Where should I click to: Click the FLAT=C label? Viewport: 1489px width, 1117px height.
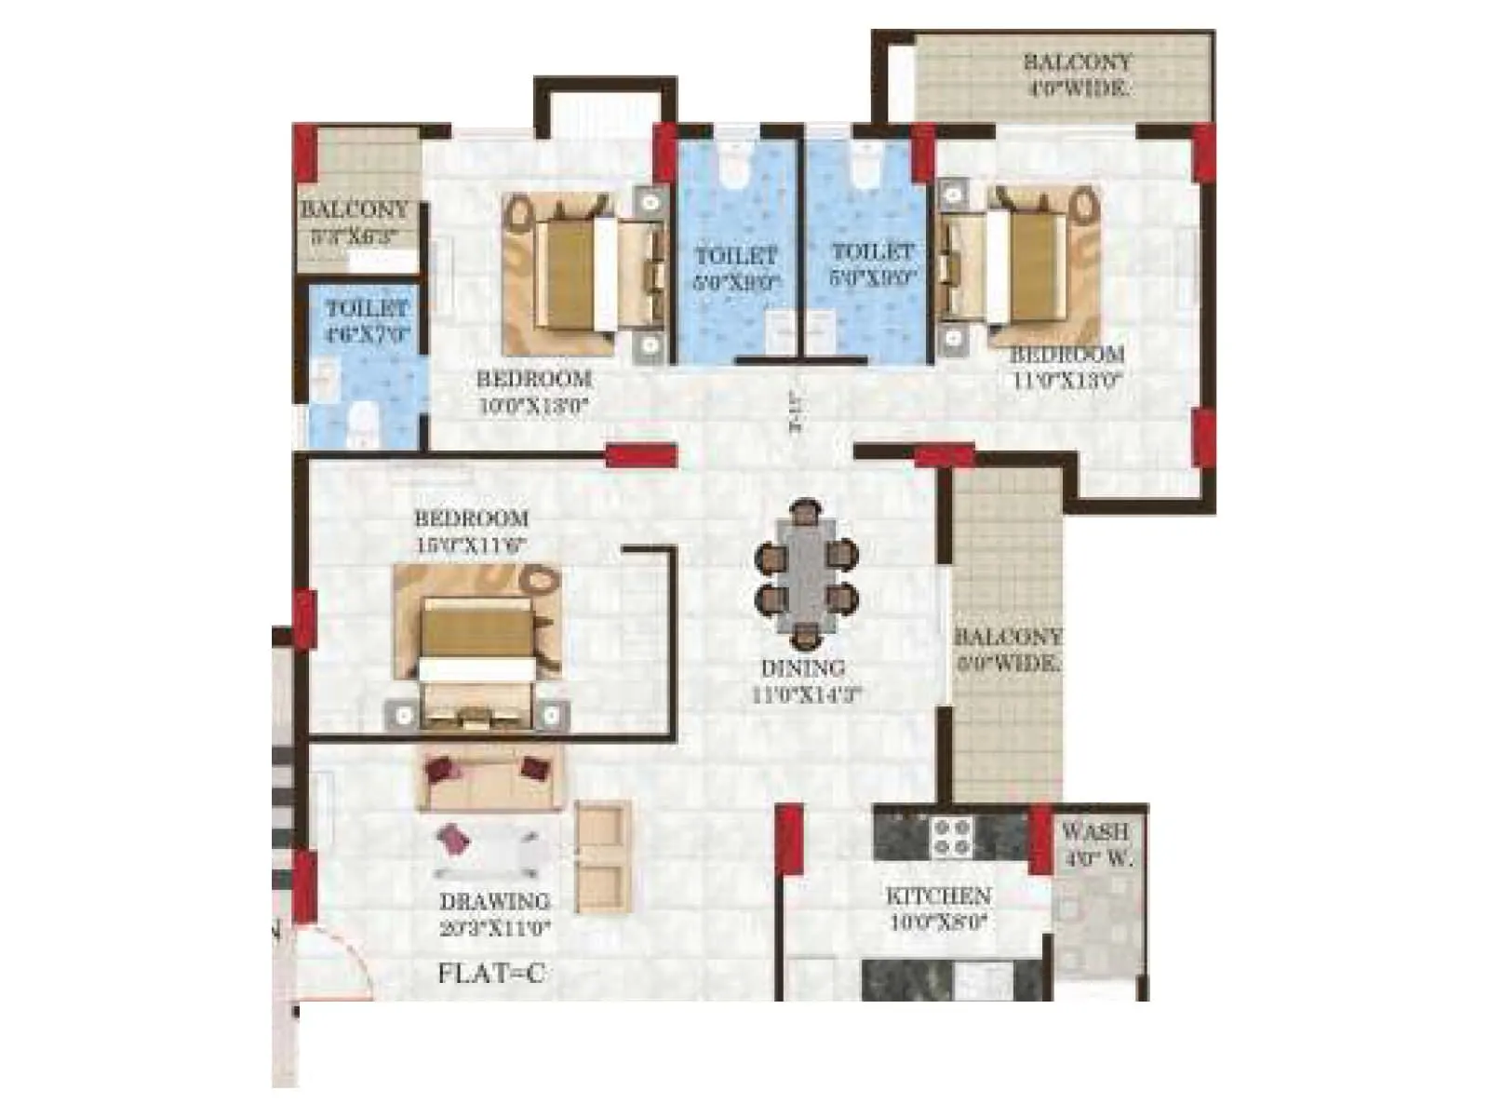490,974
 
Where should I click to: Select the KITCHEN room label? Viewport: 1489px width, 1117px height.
937,908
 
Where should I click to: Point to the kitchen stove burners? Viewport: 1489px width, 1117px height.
952,834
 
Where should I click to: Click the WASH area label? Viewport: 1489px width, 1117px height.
1096,843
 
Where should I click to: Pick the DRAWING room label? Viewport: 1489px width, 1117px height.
495,914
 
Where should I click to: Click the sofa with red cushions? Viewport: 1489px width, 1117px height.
489,778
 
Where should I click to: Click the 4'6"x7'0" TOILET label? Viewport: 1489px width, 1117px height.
368,321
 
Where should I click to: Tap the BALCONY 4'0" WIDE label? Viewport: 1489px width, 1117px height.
1077,75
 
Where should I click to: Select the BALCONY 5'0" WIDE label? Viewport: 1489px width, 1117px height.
1007,650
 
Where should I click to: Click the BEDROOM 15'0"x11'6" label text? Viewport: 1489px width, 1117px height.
471,532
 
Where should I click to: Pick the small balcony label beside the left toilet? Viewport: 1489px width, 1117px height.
354,222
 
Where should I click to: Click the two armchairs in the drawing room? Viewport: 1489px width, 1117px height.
603,856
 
